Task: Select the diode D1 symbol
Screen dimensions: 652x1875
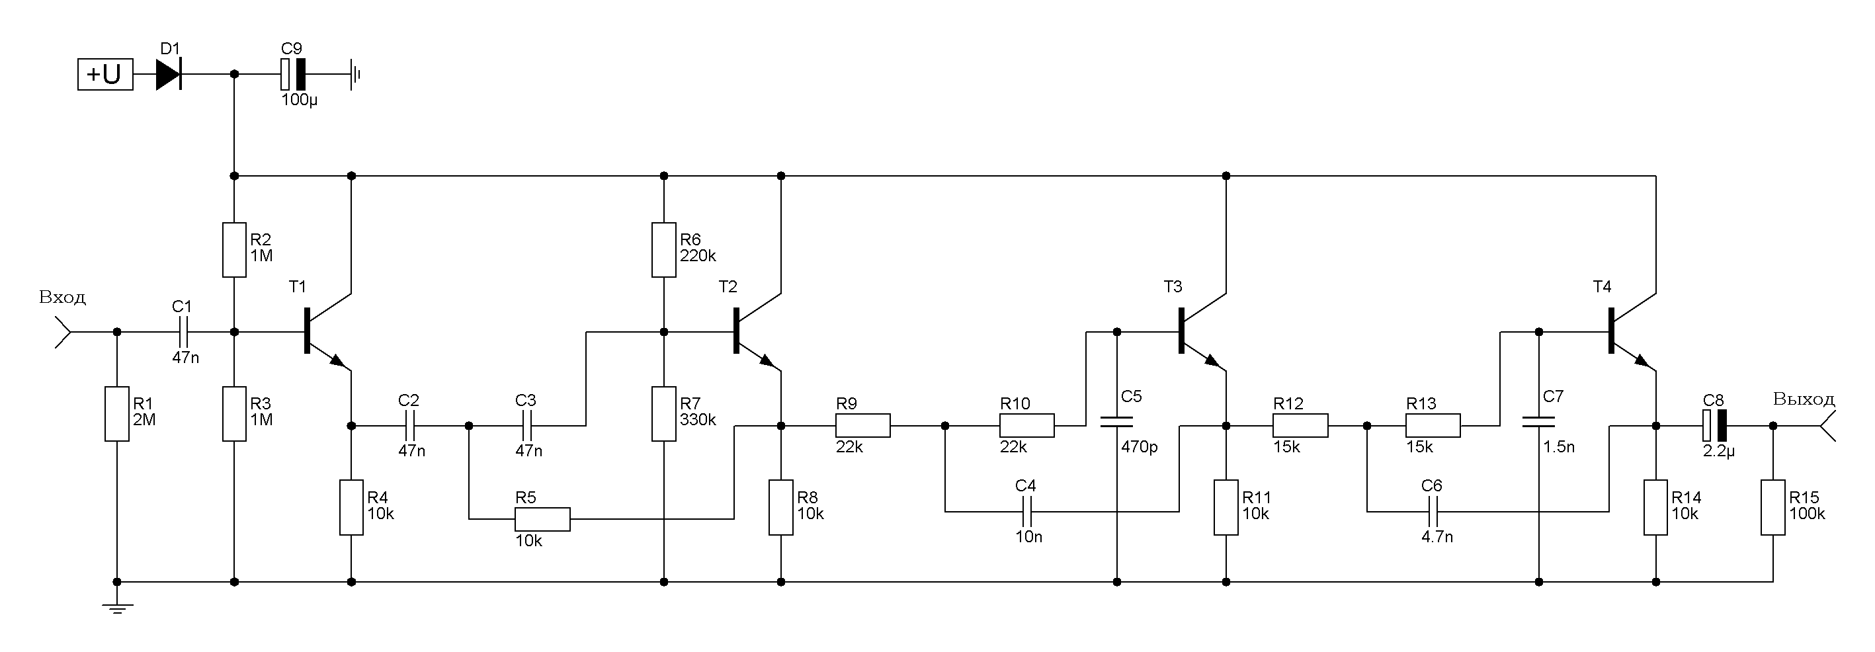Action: (169, 74)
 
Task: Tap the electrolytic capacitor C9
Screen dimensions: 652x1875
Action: (292, 74)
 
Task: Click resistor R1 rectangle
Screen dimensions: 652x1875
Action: (116, 413)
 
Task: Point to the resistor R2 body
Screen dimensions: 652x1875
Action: (233, 249)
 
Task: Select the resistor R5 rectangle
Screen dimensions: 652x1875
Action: (542, 519)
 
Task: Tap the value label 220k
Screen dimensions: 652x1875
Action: (697, 256)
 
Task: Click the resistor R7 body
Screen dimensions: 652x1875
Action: (663, 414)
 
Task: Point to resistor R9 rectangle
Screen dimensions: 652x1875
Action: (862, 425)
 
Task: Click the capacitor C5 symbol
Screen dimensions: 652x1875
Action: (1116, 421)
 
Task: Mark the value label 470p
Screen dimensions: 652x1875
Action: (1139, 447)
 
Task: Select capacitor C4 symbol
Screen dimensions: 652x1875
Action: (1026, 512)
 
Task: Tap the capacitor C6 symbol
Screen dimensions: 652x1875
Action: (1432, 512)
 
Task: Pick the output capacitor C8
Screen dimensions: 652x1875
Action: (1714, 425)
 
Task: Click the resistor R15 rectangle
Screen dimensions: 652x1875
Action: (1772, 507)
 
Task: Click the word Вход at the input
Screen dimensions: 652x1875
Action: (63, 297)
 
